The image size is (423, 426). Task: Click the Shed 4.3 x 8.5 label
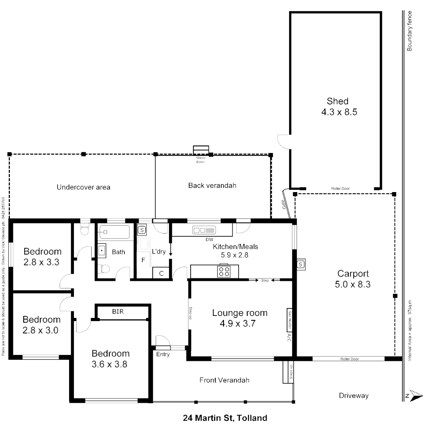pyautogui.click(x=337, y=106)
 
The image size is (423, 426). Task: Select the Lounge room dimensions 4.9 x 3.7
pyautogui.click(x=240, y=324)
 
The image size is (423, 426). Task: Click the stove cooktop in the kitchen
pyautogui.click(x=224, y=271)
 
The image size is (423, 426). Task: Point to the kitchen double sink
pyautogui.click(x=203, y=230)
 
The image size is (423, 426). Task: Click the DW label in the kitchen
pyautogui.click(x=209, y=239)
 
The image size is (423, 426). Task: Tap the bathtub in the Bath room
pyautogui.click(x=114, y=232)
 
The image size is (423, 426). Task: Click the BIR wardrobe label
pyautogui.click(x=118, y=312)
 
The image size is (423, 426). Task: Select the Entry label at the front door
pyautogui.click(x=163, y=355)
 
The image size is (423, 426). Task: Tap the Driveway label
pyautogui.click(x=353, y=395)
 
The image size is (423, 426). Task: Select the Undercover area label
pyautogui.click(x=83, y=187)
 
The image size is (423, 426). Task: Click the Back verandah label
pyautogui.click(x=212, y=185)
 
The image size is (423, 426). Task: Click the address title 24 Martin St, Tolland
pyautogui.click(x=225, y=418)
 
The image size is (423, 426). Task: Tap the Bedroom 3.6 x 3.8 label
pyautogui.click(x=110, y=359)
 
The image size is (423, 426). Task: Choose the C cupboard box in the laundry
pyautogui.click(x=161, y=273)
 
